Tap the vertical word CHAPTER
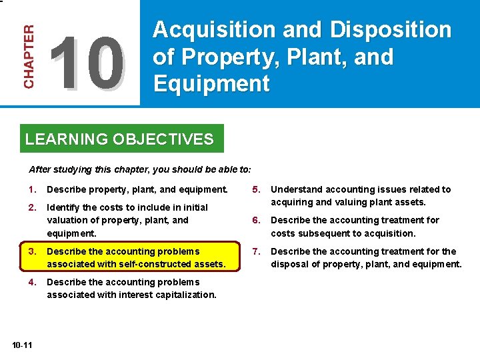29,57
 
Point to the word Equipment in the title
211,84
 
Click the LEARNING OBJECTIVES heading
119,139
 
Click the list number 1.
32,189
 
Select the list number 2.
32,207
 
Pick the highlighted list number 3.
32,251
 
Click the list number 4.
32,282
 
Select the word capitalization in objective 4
186,295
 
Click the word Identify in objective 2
62,207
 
